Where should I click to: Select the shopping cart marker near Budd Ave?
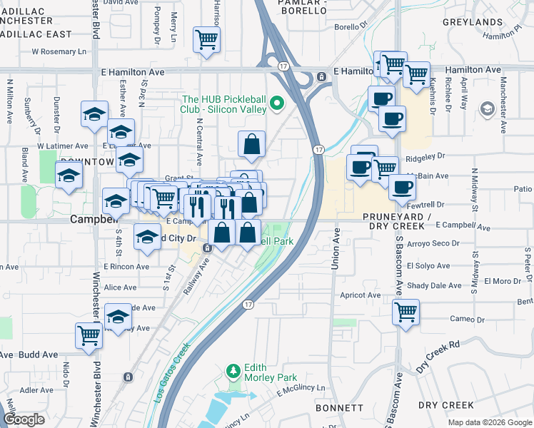89,335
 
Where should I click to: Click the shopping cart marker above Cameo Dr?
405,311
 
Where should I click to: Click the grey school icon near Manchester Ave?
488,108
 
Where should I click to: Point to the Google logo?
24,419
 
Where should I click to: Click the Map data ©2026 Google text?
490,422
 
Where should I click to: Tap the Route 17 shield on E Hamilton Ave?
283,66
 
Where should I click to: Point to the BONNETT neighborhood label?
338,407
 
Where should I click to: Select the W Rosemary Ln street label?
64,51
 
